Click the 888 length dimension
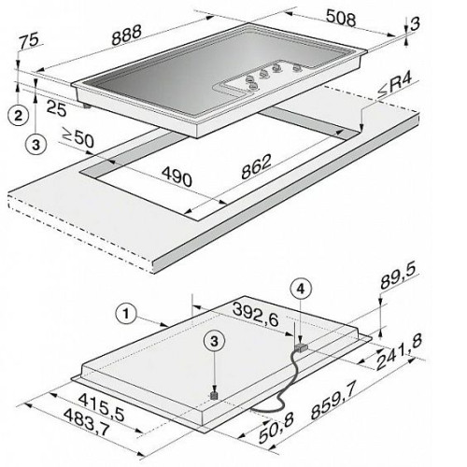click(127, 35)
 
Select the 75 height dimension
click(29, 41)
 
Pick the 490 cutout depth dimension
click(177, 176)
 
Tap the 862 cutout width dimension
click(257, 166)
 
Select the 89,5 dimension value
click(398, 276)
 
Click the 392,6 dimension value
click(256, 315)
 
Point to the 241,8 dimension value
click(399, 351)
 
